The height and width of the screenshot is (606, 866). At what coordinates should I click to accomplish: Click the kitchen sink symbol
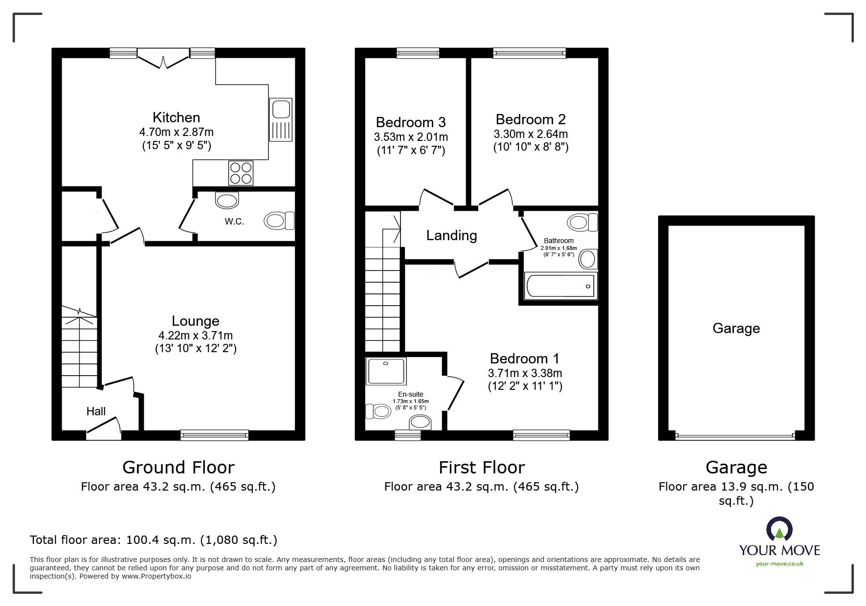(x=281, y=120)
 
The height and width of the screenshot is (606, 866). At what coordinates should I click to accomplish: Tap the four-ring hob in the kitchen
(x=241, y=173)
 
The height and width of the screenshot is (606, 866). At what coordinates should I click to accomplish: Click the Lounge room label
(x=196, y=321)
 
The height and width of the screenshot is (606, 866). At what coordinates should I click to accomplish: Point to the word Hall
(x=96, y=411)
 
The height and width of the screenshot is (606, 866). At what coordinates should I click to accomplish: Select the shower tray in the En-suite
(x=386, y=370)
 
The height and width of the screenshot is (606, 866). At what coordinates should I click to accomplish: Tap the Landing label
(x=451, y=236)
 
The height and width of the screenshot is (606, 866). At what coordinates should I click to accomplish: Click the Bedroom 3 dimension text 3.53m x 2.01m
(x=411, y=137)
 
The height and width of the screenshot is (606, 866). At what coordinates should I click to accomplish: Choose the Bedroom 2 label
(x=531, y=119)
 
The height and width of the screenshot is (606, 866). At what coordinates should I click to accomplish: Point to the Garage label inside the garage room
(x=736, y=328)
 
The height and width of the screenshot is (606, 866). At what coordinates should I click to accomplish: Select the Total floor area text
(x=154, y=540)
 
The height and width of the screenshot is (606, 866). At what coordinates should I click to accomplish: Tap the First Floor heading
(x=482, y=468)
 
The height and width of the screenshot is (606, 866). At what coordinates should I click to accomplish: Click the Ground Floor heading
(x=178, y=468)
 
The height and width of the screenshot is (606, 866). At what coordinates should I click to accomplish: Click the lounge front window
(x=214, y=434)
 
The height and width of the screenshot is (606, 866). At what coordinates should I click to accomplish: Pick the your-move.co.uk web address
(x=779, y=564)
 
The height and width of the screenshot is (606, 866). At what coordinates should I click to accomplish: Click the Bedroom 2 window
(x=530, y=53)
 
